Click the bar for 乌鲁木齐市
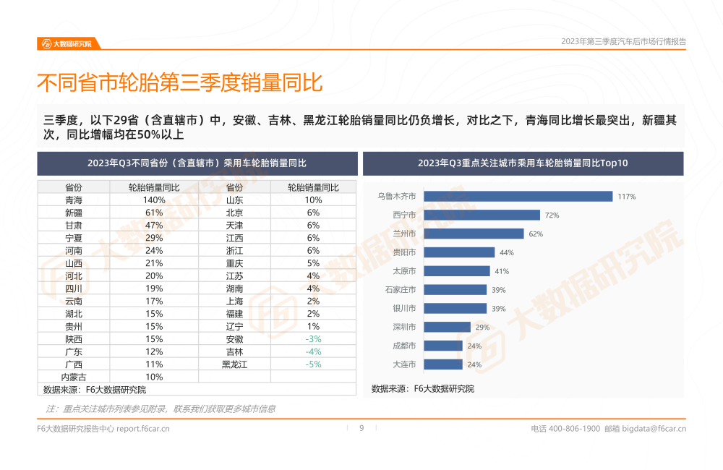tap(518, 196)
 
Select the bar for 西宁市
tap(482, 215)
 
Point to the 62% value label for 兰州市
tap(536, 234)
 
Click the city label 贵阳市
tap(404, 252)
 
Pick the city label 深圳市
tap(404, 327)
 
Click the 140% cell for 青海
tap(154, 200)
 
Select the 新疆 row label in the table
tap(74, 213)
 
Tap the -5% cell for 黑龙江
tap(313, 364)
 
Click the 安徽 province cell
tap(234, 339)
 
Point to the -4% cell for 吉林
tap(313, 351)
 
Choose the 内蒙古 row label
tap(74, 377)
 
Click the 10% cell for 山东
tap(313, 200)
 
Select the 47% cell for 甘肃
tap(154, 225)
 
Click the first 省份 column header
tap(74, 187)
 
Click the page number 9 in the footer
tap(361, 428)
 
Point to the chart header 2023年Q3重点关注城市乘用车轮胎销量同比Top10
tap(523, 163)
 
